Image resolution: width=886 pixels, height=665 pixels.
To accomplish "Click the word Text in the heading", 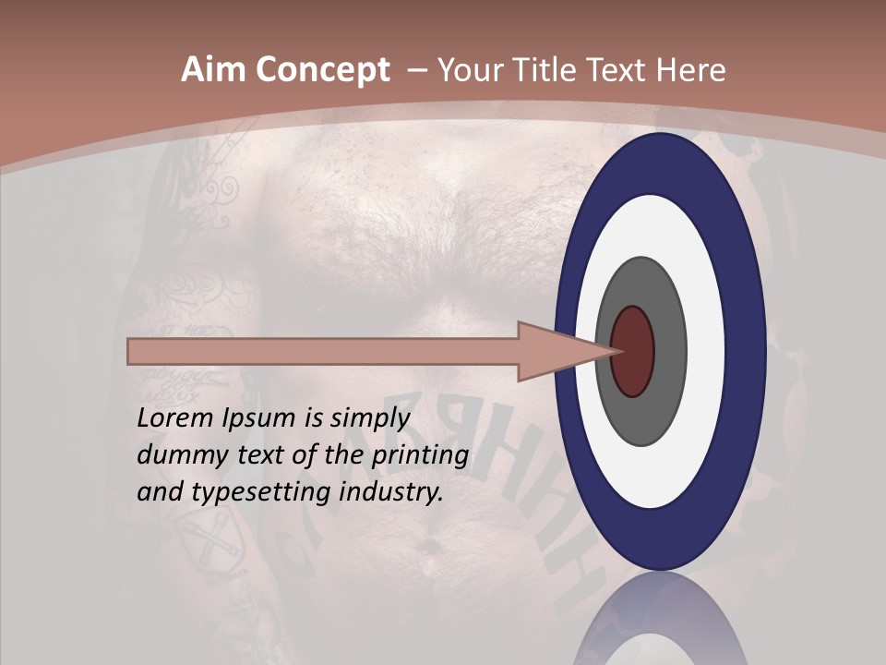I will click(x=617, y=70).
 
